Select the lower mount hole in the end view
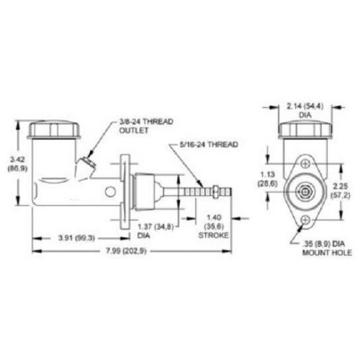(x=305, y=219)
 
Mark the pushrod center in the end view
(x=305, y=191)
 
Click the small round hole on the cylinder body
(x=109, y=192)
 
